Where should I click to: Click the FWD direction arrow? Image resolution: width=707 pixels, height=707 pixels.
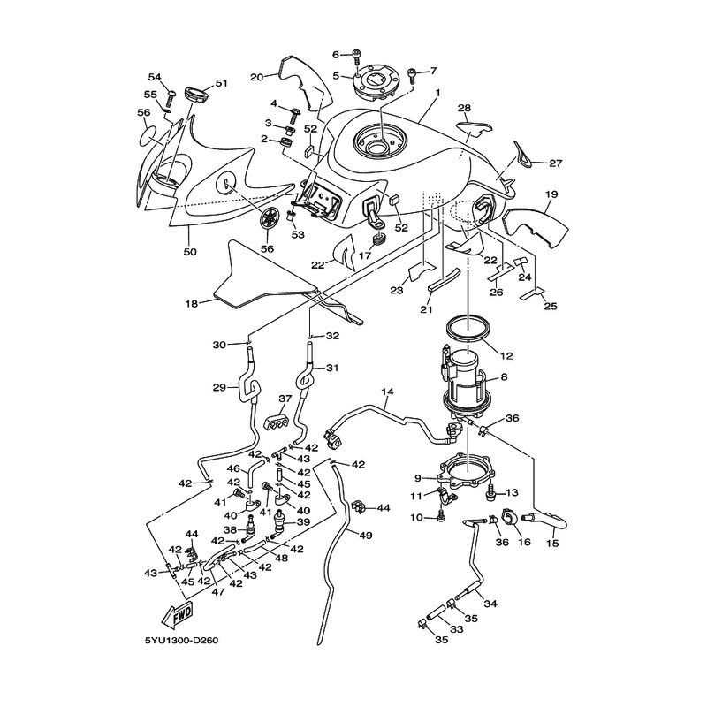pos(178,615)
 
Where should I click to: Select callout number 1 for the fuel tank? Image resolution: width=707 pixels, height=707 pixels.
pos(437,93)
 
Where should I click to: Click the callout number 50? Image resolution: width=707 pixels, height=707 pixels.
pos(190,252)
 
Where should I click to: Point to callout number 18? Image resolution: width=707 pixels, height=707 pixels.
pos(192,303)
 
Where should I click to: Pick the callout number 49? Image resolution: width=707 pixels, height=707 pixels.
pos(367,536)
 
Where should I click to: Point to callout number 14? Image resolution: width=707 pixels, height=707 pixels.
pos(387,392)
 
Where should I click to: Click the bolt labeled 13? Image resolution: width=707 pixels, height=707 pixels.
pos(491,495)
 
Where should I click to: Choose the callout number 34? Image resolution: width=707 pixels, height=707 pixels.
pos(490,604)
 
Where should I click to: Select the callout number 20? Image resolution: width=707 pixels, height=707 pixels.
pos(257,77)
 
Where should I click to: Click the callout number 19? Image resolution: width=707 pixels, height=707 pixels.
pos(551,194)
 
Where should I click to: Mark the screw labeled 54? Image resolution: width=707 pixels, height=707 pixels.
pos(171,98)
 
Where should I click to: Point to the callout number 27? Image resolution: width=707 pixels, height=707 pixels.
pos(556,163)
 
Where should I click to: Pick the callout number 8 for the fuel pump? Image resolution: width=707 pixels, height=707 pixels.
pos(504,376)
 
